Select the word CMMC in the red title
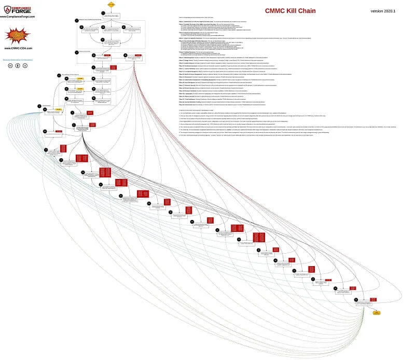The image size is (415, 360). tap(275, 11)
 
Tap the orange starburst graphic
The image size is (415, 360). tap(17, 35)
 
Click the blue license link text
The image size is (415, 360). tap(17, 59)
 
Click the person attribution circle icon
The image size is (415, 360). tap(17, 66)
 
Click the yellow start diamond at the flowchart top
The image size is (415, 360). tap(111, 4)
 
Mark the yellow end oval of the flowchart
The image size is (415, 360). tap(376, 312)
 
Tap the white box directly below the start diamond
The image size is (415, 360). tap(111, 16)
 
